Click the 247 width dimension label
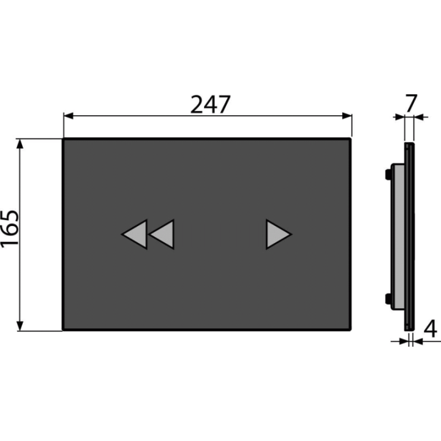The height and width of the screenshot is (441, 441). (x=210, y=104)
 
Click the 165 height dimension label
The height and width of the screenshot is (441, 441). (x=10, y=229)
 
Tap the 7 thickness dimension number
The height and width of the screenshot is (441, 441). (x=411, y=104)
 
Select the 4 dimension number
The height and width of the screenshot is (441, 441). (x=431, y=328)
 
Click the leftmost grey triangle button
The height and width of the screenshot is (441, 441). (x=135, y=234)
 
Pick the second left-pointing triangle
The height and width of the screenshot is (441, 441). (x=162, y=234)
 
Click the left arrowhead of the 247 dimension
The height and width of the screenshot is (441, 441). (x=69, y=116)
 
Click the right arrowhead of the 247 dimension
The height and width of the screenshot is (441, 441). (x=347, y=116)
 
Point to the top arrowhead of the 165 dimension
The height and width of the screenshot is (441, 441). (x=20, y=144)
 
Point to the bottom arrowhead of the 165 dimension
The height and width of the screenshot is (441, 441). (x=20, y=326)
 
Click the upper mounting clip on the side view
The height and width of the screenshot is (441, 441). (x=388, y=174)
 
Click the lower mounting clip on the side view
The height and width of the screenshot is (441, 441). (x=388, y=299)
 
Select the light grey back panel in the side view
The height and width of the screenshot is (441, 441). (x=399, y=236)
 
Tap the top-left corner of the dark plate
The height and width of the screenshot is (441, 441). (x=64, y=139)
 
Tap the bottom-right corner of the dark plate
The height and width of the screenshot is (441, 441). (x=350, y=330)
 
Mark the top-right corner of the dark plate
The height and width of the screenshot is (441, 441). (x=350, y=139)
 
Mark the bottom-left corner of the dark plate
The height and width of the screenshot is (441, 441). (x=64, y=330)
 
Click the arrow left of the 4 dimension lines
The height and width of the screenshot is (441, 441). (x=400, y=341)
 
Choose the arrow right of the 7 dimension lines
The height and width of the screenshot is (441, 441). (x=421, y=116)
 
